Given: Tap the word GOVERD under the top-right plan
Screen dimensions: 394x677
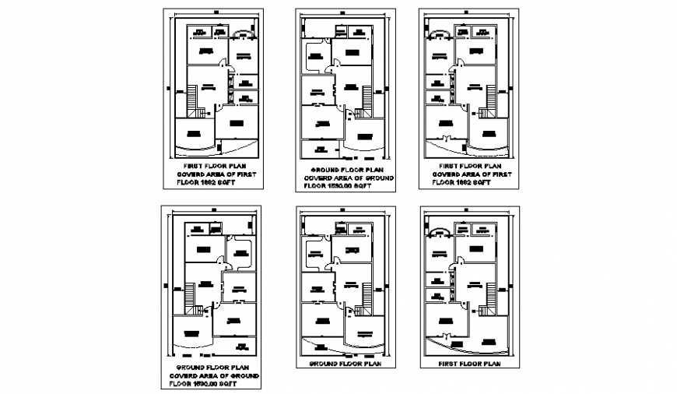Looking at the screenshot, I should coord(449,175).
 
